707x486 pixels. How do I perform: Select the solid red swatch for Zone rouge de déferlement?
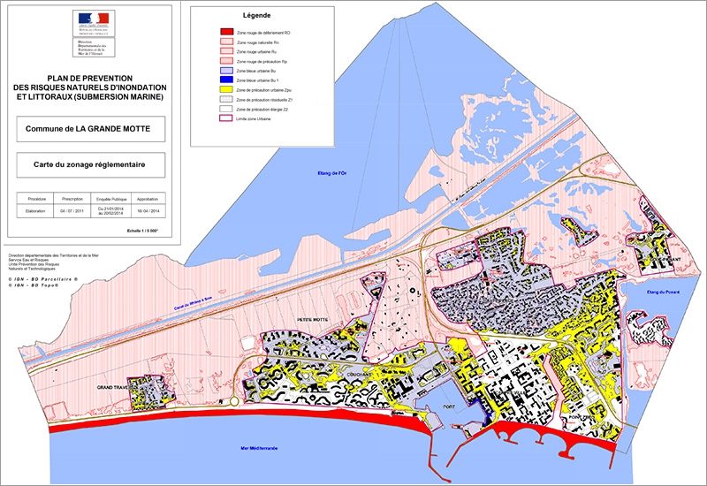click(226, 33)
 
